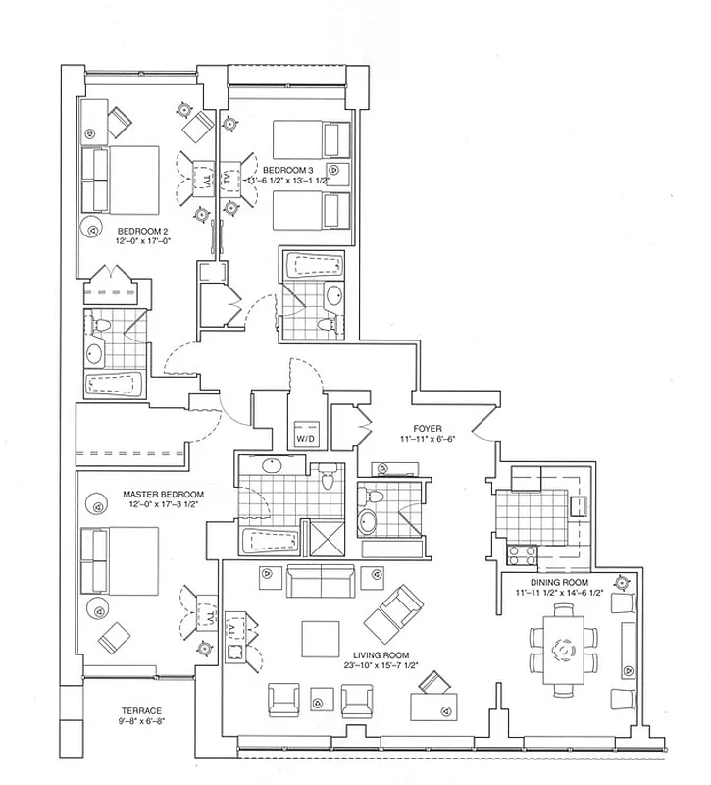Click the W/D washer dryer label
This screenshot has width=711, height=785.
pyautogui.click(x=305, y=438)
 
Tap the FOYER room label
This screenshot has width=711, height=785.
pyautogui.click(x=428, y=429)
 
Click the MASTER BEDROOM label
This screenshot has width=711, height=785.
pyautogui.click(x=163, y=494)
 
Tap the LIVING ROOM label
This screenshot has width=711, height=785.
pyautogui.click(x=382, y=654)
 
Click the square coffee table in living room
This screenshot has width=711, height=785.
pyautogui.click(x=321, y=639)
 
